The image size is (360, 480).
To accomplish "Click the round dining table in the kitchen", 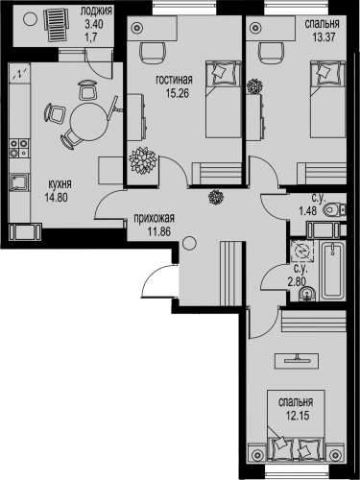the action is coord(89,122).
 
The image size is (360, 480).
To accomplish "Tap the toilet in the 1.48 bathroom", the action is coord(335,210).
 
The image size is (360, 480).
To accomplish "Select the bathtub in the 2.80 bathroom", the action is coord(333,271).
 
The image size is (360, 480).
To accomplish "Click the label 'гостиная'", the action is coord(174,80).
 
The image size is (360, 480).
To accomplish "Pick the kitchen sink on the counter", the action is coord(19,182).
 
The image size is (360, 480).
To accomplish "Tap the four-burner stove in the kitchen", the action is coord(19,149).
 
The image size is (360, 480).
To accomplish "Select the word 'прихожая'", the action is coord(154,219).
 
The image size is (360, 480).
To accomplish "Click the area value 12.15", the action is coord(296,416).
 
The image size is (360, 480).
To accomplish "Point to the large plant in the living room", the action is coord(142,160).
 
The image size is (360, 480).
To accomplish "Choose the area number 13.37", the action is coord(324,37).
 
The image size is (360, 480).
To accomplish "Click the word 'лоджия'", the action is coord(96,12).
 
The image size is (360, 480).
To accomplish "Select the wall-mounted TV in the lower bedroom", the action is coord(298,359).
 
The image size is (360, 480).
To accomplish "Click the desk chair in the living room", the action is coord(153,53).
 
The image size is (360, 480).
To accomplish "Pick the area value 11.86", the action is coord(159,231).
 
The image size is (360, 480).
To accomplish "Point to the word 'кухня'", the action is coord(60,184).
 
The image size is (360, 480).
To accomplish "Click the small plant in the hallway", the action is coord(215,197).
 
